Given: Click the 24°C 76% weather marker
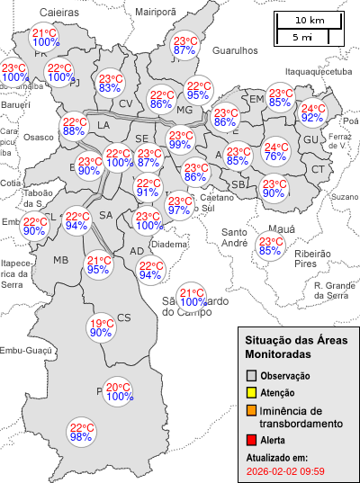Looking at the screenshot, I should [275, 153].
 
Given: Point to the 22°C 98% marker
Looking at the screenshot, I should [82, 432].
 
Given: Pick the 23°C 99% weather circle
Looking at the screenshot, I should [181, 139].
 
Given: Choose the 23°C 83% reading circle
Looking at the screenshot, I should [110, 83].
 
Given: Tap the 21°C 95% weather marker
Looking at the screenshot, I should [98, 264].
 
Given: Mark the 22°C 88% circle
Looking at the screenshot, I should [74, 127].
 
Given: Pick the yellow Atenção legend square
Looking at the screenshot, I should [252, 392].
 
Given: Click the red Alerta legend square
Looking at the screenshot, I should [252, 440].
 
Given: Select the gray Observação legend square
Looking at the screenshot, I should [252, 375].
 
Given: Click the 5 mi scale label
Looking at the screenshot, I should [302, 37].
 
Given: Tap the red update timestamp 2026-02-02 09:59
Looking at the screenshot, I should [285, 470].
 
